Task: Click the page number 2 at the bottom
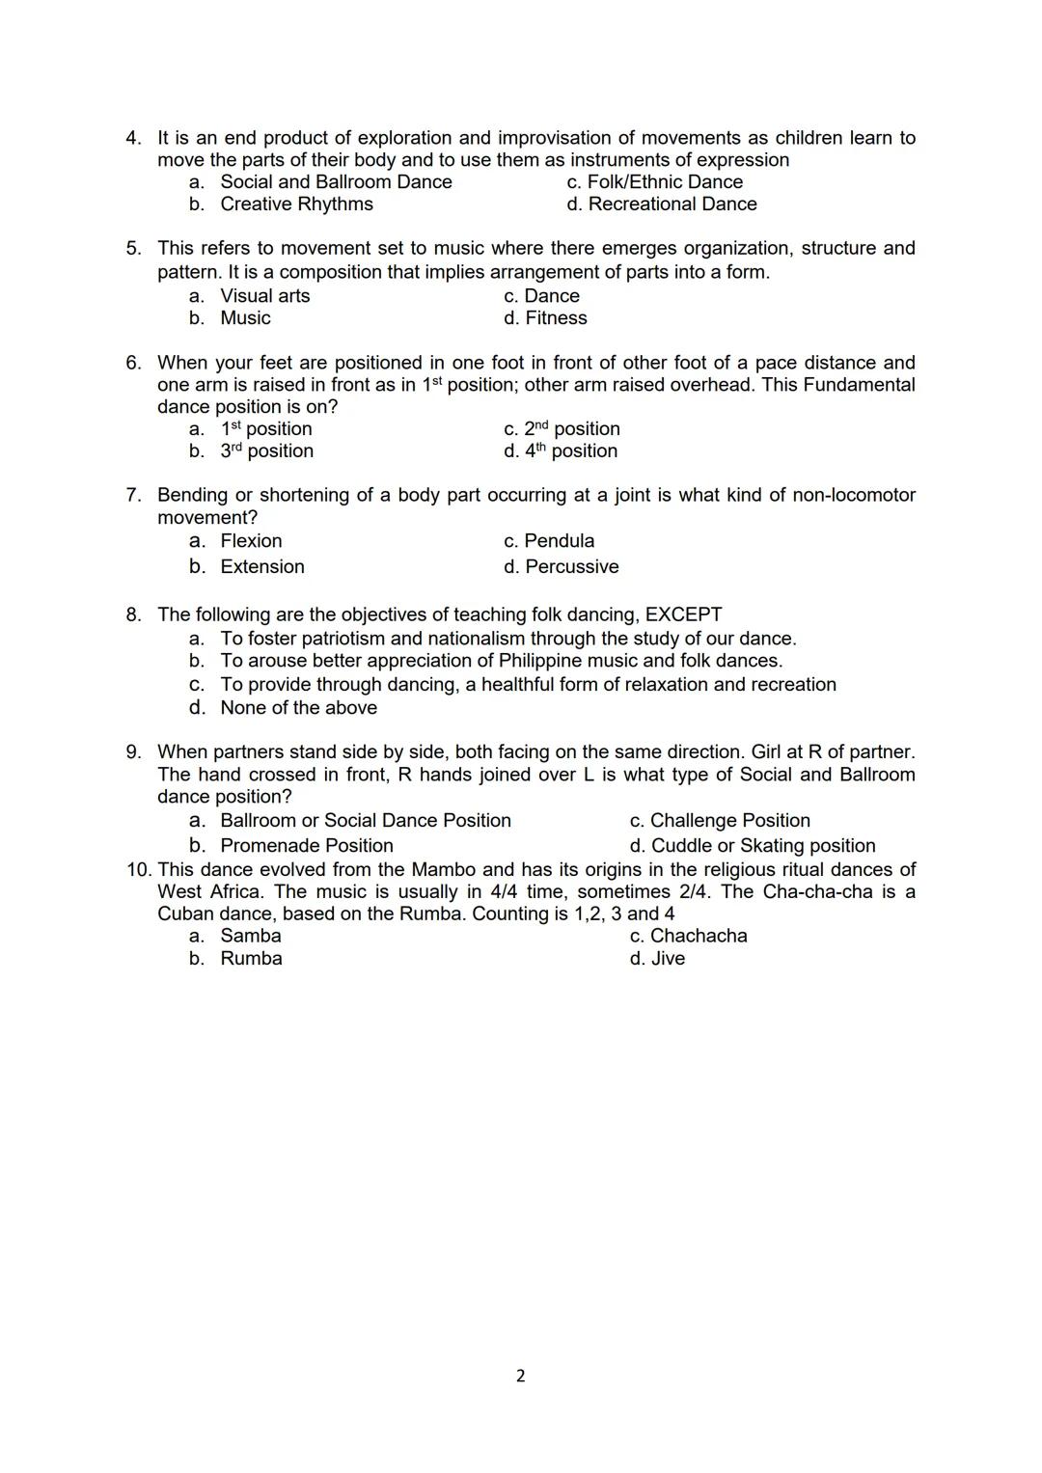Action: [521, 1376]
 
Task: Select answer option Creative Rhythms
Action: [296, 204]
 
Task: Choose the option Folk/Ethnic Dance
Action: [665, 181]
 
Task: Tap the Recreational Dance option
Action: [672, 204]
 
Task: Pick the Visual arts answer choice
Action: [264, 296]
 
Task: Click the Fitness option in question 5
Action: [556, 318]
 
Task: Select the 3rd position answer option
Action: [266, 450]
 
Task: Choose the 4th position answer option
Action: [570, 450]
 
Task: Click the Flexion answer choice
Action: [251, 541]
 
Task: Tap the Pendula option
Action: [559, 541]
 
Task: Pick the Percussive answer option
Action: [571, 566]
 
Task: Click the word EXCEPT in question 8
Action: [683, 614]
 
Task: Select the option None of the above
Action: [298, 707]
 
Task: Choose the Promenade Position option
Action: [306, 845]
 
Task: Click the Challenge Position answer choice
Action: [729, 820]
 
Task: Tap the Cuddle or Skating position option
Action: [762, 845]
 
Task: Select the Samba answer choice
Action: [251, 936]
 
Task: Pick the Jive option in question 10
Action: [668, 958]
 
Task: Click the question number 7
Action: [134, 495]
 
